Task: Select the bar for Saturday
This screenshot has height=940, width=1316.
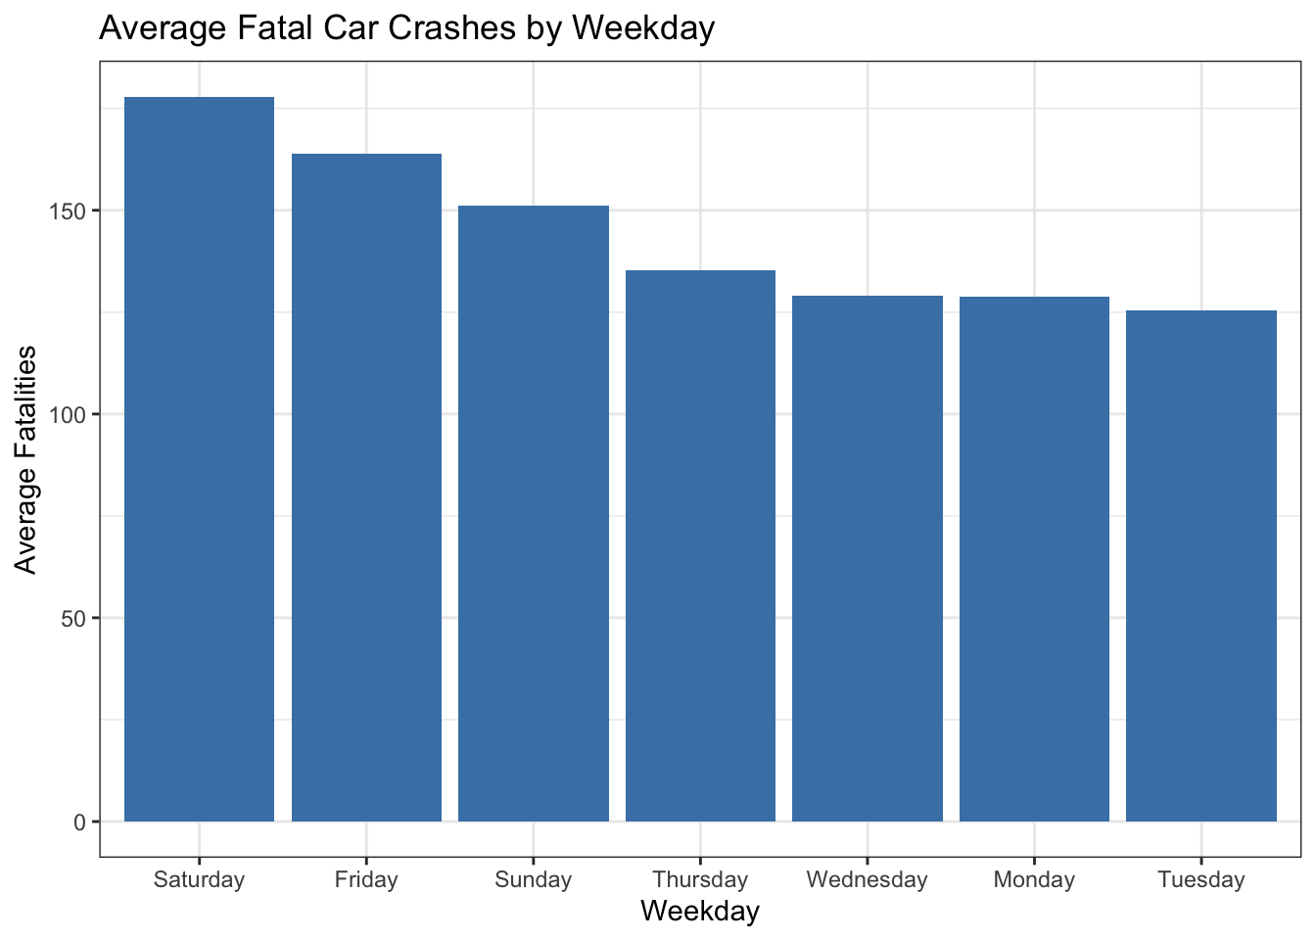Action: coord(199,459)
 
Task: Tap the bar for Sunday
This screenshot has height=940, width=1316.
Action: coord(534,513)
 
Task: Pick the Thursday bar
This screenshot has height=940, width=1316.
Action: coord(700,545)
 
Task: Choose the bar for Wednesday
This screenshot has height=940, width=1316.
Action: coord(868,558)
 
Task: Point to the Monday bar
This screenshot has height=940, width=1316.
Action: coord(1034,559)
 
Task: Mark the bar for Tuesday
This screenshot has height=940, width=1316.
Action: coord(1201,566)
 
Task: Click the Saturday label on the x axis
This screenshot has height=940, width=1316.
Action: coord(199,879)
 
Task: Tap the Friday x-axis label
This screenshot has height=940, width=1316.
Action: coord(366,879)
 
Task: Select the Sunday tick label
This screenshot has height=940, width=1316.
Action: coord(534,879)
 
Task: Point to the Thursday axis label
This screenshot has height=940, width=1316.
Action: coord(700,879)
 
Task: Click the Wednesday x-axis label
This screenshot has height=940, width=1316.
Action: coord(868,879)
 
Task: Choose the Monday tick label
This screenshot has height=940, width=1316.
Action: coord(1034,879)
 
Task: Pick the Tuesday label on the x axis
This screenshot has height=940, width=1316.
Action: coord(1201,879)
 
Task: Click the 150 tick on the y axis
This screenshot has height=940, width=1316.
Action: coord(70,211)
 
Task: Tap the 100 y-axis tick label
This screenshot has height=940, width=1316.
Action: coord(70,415)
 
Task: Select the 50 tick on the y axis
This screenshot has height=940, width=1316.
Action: coord(74,619)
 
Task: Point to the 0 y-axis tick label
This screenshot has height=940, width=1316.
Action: coord(79,822)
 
